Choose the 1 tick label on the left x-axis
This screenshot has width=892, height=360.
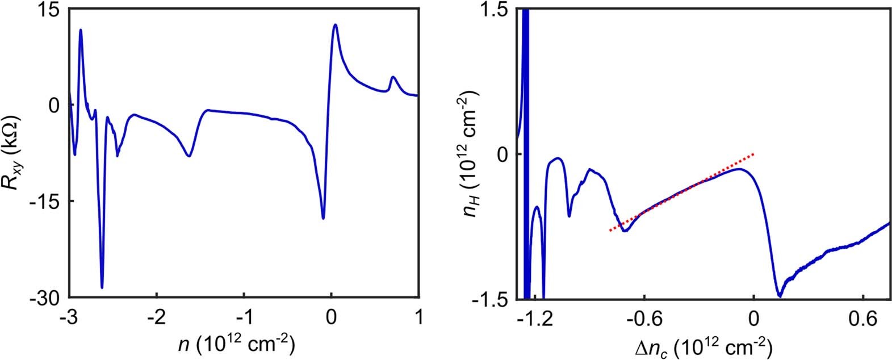(418, 316)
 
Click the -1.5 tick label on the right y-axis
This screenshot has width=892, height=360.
(497, 300)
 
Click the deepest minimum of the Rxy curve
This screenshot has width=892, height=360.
(102, 288)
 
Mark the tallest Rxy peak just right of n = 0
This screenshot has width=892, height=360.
(335, 24)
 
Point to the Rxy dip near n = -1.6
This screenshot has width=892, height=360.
(189, 156)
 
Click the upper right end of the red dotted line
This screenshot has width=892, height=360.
(753, 154)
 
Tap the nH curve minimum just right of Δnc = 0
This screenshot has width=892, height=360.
(780, 296)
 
